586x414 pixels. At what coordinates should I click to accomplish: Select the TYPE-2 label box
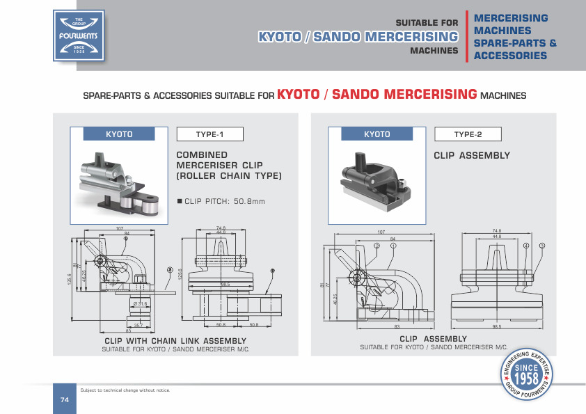(468, 134)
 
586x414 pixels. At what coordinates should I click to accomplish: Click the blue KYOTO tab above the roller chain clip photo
(119, 134)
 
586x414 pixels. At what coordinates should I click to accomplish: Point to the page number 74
(64, 399)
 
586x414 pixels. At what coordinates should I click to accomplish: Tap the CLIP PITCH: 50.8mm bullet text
(221, 202)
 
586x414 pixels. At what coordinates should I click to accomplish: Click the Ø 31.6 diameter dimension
(141, 303)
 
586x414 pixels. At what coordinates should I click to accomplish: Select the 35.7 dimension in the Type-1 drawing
(139, 324)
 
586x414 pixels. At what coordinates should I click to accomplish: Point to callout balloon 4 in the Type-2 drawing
(526, 246)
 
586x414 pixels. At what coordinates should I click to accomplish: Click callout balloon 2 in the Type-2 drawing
(377, 246)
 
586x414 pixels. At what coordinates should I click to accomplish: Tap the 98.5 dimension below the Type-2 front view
(496, 326)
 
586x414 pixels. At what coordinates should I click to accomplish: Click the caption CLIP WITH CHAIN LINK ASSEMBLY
(175, 340)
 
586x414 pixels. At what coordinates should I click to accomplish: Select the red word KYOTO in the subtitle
(299, 94)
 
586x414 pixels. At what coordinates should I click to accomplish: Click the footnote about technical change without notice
(125, 390)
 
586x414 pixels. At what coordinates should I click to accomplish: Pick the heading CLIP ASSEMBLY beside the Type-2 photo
(472, 156)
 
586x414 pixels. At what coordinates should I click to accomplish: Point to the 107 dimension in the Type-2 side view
(381, 232)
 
